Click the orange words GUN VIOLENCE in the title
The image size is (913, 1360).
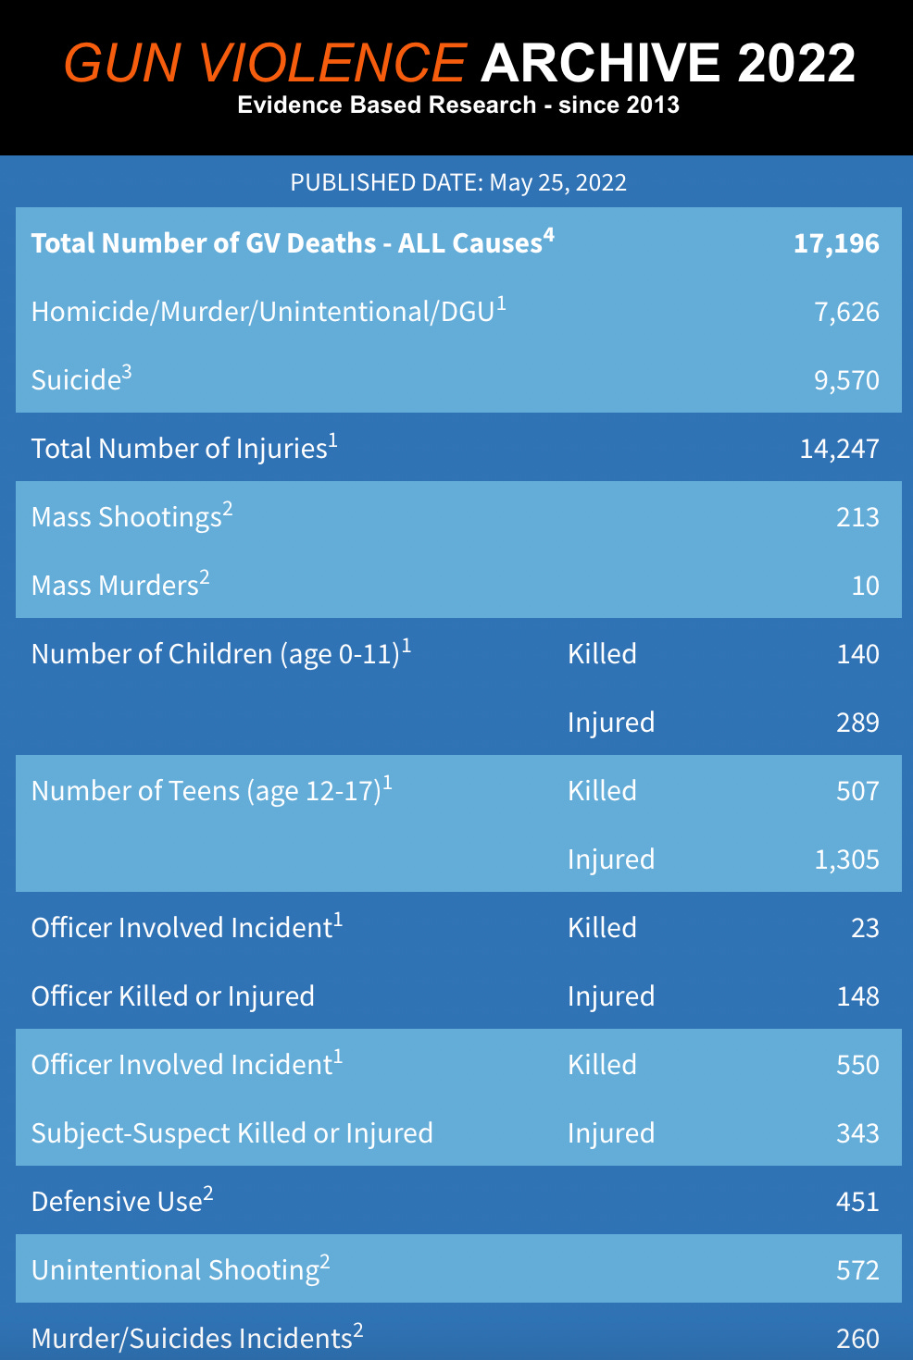264,63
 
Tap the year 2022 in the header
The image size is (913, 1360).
796,63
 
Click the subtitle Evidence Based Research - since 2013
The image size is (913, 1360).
458,105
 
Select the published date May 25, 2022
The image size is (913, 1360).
557,182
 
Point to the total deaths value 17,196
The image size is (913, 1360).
836,243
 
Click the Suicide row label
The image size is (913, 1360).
77,380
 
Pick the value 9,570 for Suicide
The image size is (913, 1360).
846,380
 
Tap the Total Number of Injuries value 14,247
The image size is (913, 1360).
839,449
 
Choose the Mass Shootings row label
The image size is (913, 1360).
127,517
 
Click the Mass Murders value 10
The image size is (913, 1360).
865,586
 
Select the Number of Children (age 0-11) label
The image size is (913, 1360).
216,654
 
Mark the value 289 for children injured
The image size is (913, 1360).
857,723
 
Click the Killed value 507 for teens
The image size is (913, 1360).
857,791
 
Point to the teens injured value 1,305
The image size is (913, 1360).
846,859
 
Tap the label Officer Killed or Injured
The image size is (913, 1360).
173,996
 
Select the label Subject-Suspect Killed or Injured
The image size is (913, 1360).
232,1133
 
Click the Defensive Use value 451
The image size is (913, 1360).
857,1202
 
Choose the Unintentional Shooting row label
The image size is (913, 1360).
176,1270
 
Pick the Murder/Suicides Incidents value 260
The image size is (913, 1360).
857,1339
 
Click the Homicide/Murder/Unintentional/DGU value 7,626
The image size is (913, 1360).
846,312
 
